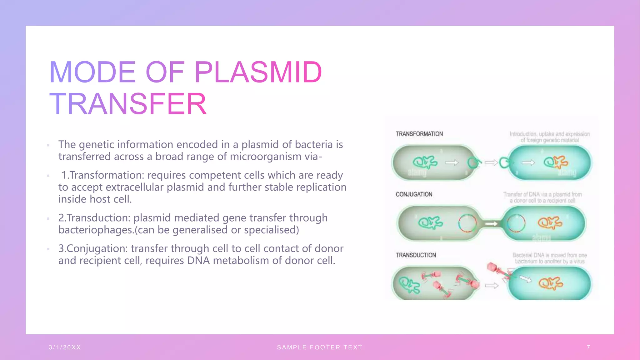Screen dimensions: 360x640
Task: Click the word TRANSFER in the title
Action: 128,104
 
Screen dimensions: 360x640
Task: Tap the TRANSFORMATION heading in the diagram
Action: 419,134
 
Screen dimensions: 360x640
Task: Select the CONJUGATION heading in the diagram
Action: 414,194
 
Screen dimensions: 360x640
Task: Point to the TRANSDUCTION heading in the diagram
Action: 416,255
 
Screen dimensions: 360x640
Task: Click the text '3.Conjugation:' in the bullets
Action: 93,248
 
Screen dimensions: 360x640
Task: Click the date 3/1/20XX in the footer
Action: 65,347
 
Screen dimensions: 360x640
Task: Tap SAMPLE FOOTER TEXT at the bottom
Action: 319,347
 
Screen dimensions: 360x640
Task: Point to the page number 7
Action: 588,347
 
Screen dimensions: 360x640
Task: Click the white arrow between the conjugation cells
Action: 491,224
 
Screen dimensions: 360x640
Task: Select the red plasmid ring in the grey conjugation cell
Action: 467,223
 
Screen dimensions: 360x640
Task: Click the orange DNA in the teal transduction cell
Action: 550,283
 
